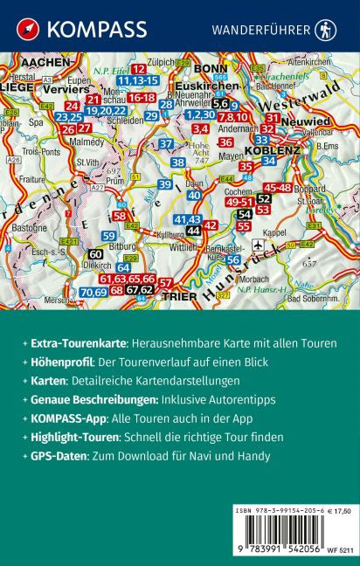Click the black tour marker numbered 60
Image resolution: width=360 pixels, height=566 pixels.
coord(96,253)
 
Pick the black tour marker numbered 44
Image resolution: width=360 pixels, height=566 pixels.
coord(192,230)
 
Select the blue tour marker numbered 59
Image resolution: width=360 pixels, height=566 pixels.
coord(109,235)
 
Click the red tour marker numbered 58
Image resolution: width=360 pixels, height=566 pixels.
coord(121,216)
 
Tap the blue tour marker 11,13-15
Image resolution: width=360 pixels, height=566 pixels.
coord(139,80)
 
